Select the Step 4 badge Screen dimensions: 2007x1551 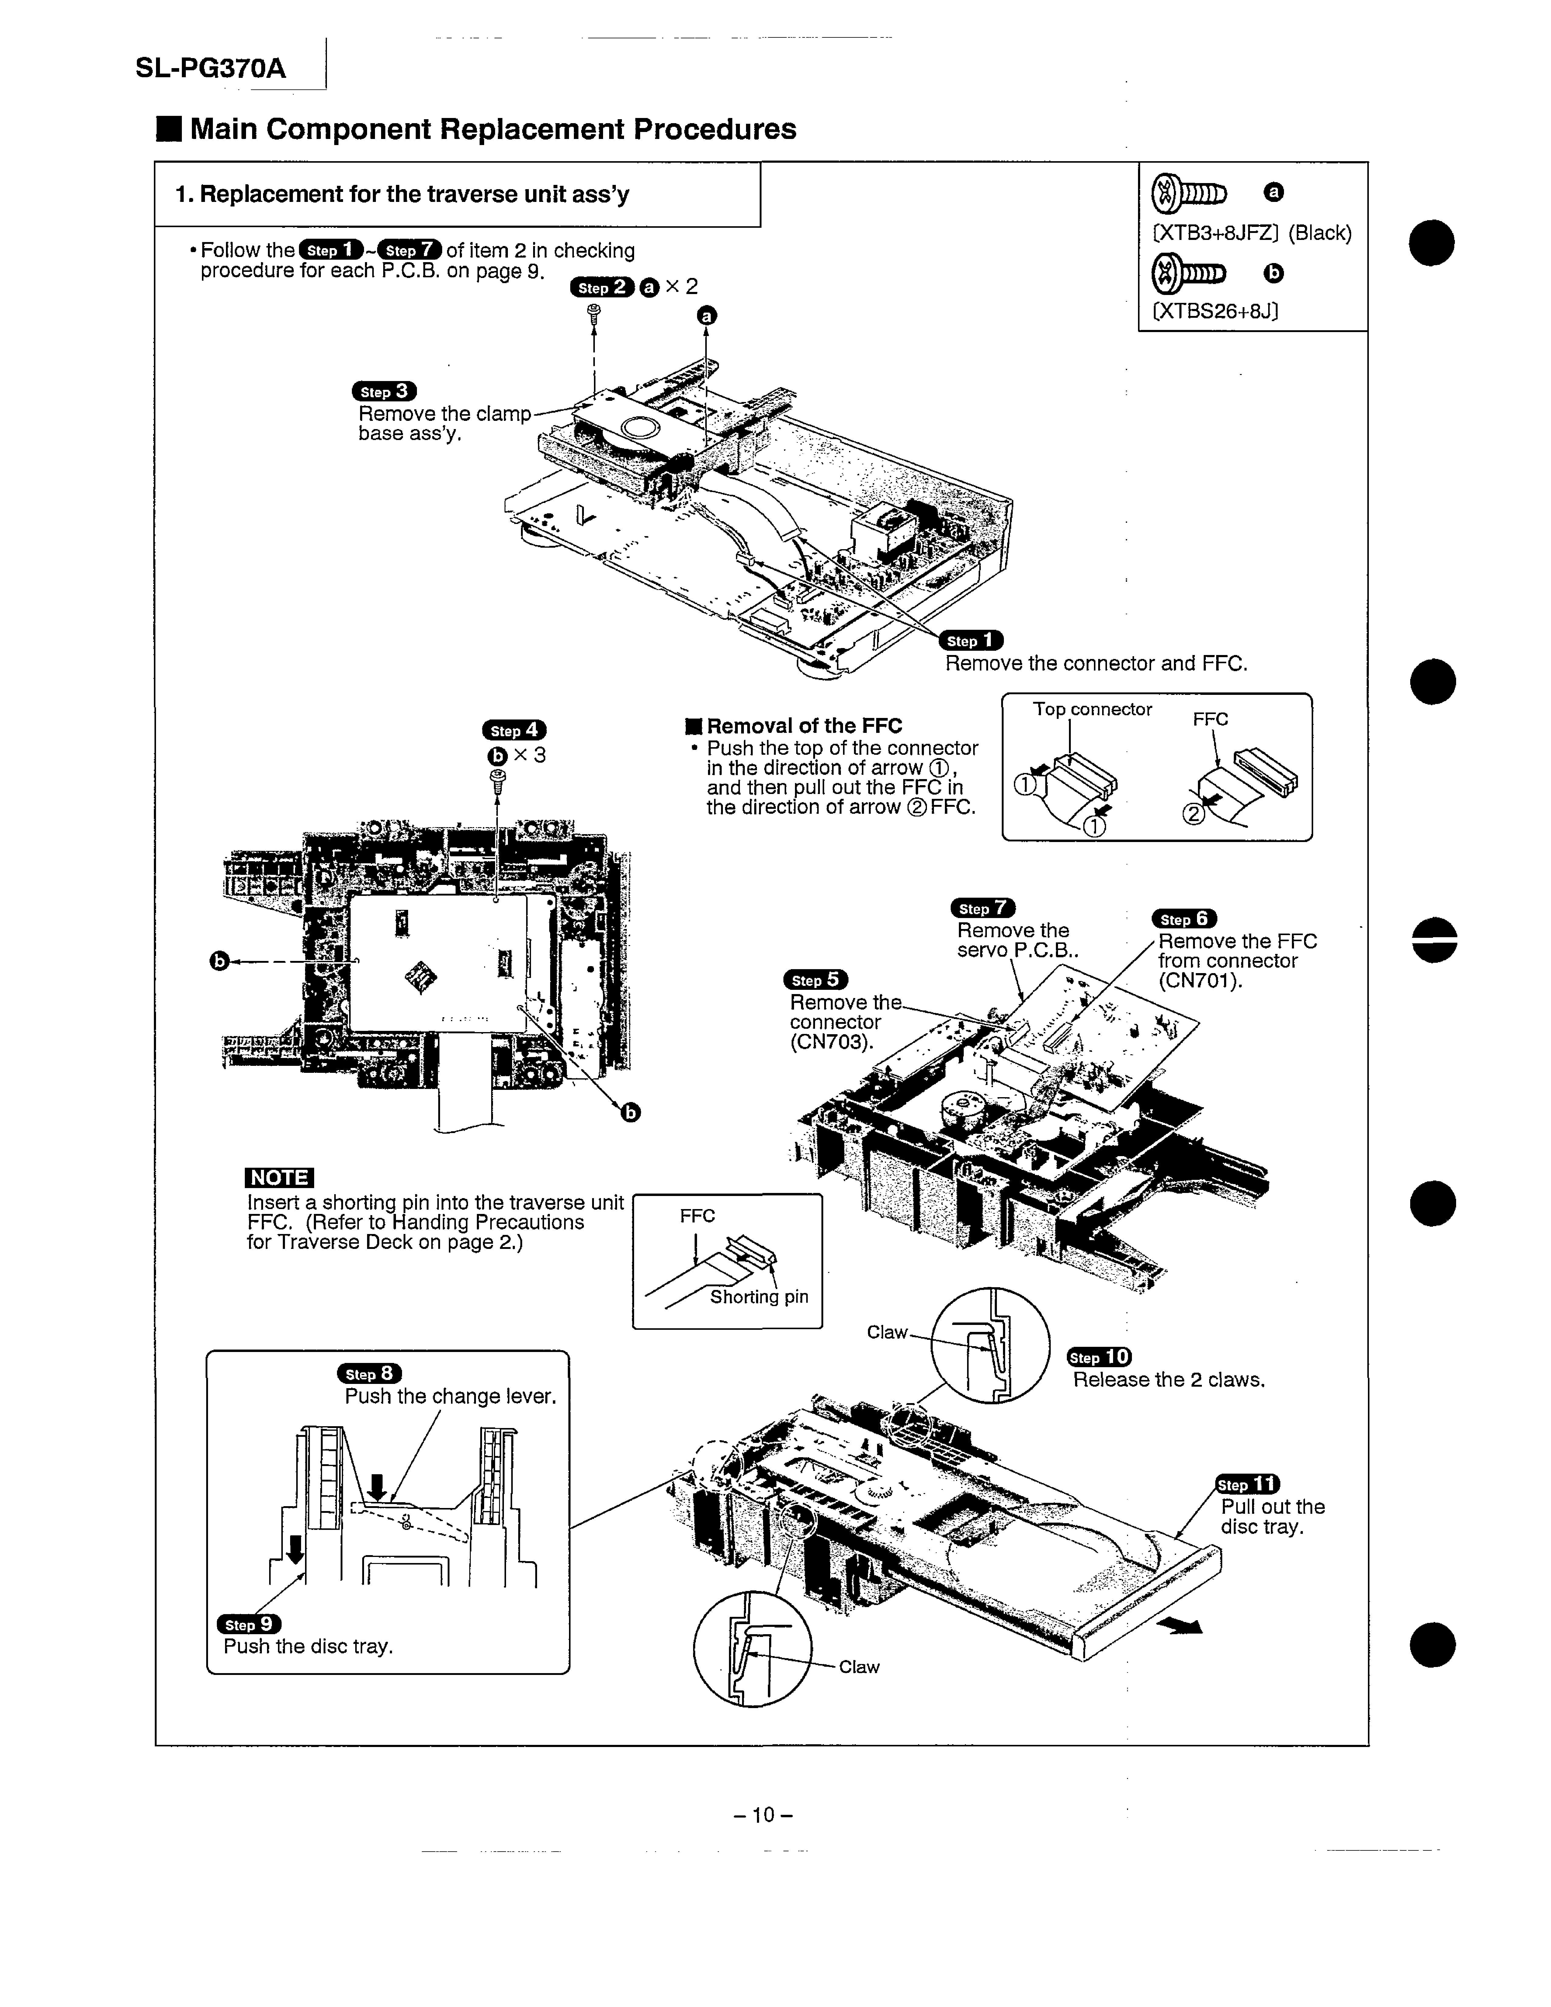514,730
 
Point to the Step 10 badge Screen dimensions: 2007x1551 1099,1357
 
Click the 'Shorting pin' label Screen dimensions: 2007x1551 759,1297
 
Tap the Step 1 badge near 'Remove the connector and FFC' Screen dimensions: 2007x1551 970,640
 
